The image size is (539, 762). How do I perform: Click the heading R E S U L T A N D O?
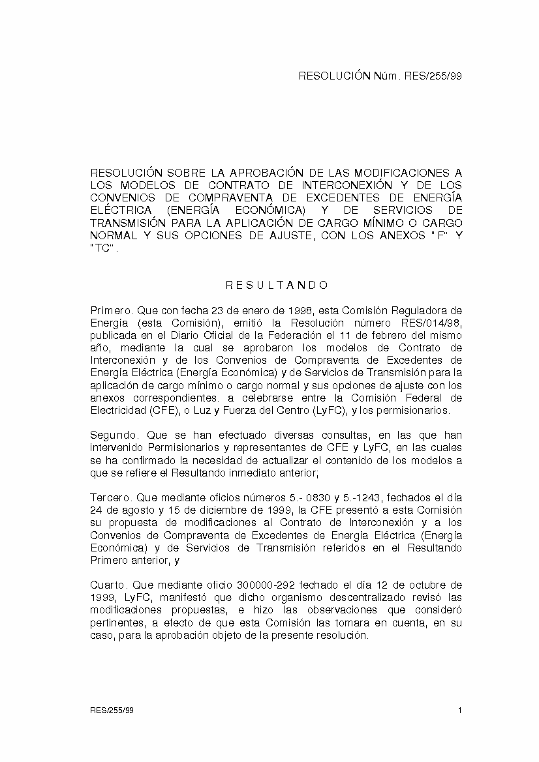277,285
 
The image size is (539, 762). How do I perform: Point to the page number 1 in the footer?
460,710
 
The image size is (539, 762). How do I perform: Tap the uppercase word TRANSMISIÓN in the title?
125,222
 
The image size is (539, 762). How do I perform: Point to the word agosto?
133,510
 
